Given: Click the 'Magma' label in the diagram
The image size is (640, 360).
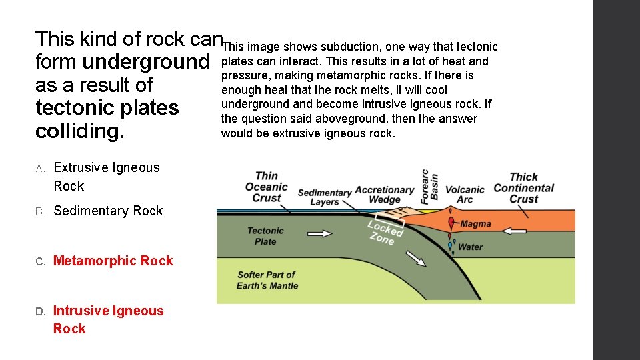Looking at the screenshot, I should (x=475, y=224).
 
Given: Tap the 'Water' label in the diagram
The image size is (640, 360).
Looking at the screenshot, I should (x=471, y=247).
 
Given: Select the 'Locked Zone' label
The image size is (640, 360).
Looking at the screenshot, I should (x=385, y=231).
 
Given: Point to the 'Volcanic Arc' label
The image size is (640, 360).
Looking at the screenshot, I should (x=465, y=195).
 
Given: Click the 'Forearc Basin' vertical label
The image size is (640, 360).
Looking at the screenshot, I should (x=430, y=186).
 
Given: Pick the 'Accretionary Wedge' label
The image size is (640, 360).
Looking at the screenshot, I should (x=385, y=195).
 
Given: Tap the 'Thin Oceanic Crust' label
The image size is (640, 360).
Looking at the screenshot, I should (x=267, y=187).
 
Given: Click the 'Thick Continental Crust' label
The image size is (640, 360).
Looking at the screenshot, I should (x=523, y=187).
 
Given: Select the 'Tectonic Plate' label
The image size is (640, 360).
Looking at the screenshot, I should (x=265, y=236).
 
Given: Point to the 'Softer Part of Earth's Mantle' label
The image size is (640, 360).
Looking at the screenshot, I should (x=267, y=280).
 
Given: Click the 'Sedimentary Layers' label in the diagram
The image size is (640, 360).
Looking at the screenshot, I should (x=325, y=197).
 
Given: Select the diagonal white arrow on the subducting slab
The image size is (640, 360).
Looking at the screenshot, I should (x=417, y=259).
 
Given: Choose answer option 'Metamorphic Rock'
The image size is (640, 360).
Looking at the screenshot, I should (x=113, y=261).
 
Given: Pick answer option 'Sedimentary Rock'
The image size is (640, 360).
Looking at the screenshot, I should (x=108, y=211).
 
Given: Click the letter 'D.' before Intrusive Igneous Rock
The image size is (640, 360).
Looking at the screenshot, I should (x=40, y=311).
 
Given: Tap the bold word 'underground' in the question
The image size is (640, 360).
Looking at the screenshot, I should (x=145, y=62).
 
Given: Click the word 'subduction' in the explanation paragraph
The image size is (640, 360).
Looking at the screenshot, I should (x=348, y=47).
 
